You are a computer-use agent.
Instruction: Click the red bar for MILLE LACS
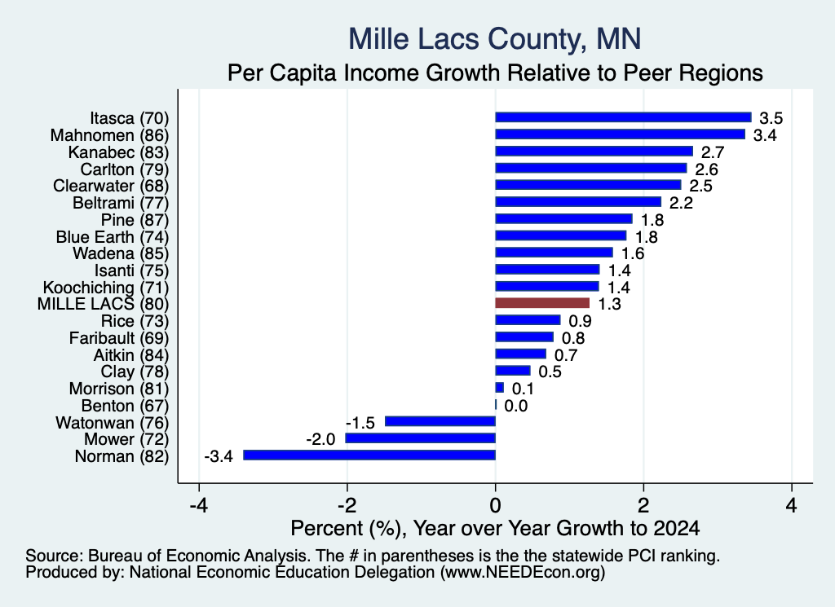click(542, 303)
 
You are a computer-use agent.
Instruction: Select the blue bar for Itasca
click(623, 117)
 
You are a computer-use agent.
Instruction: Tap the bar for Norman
click(369, 455)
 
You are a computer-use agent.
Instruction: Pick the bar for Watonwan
click(440, 421)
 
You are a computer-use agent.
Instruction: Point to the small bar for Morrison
click(500, 387)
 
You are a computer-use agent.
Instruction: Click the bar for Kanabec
click(594, 151)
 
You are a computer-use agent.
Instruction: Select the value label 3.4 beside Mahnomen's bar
click(765, 135)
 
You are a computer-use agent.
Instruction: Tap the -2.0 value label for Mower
click(320, 439)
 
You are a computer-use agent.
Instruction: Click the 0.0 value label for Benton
click(515, 406)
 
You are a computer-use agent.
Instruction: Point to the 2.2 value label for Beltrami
click(681, 203)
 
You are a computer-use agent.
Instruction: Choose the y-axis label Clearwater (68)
click(111, 186)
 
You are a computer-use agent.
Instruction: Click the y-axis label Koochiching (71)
click(106, 288)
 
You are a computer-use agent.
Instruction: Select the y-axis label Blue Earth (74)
click(113, 237)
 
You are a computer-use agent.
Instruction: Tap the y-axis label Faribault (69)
click(119, 338)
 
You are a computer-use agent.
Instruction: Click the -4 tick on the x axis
click(199, 505)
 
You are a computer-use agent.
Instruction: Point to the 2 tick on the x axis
click(643, 505)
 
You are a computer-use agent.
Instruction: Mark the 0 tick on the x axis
click(495, 505)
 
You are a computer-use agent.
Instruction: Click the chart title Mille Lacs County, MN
click(495, 39)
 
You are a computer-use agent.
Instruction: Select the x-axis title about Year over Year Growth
click(495, 528)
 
